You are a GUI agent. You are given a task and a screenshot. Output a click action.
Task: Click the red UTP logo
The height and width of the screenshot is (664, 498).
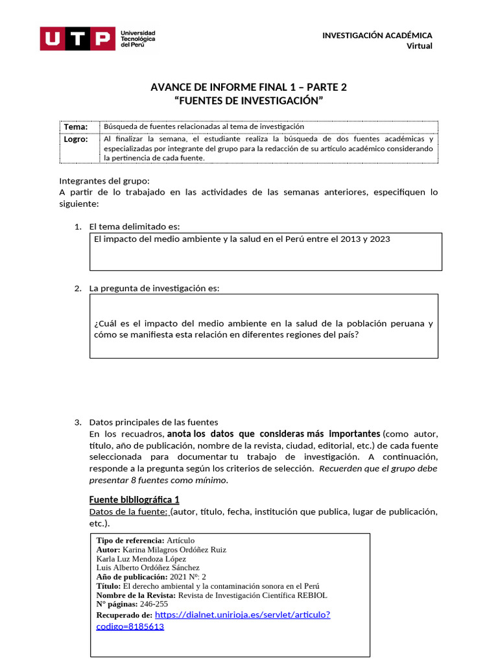point(77,38)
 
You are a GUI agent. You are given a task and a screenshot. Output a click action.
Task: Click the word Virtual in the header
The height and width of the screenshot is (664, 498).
point(419,45)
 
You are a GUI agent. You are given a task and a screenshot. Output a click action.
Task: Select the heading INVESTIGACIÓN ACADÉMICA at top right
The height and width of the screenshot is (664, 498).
point(377,35)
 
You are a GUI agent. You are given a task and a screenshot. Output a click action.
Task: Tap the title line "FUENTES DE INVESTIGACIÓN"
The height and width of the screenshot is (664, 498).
point(249,101)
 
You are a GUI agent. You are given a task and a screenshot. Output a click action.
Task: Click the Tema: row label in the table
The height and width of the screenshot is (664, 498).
point(76,126)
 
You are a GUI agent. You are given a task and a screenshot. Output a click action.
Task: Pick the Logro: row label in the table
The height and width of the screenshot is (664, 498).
point(76,139)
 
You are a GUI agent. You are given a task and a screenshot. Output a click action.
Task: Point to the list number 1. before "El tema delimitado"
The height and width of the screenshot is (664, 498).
point(77,226)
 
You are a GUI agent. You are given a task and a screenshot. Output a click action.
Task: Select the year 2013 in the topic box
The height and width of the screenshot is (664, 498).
point(341,239)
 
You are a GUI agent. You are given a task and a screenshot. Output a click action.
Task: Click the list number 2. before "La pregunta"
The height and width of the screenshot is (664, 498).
point(77,288)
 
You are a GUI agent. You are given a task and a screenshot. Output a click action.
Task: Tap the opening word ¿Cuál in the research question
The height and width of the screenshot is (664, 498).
point(105,323)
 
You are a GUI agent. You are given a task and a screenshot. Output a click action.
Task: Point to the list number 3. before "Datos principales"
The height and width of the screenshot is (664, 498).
point(77,421)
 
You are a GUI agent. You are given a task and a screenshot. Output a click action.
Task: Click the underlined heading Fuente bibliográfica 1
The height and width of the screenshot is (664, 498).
point(134,499)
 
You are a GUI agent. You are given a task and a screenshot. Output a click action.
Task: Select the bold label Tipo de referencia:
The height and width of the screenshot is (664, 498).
point(130,540)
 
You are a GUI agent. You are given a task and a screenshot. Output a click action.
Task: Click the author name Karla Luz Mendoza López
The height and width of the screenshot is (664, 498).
point(141,558)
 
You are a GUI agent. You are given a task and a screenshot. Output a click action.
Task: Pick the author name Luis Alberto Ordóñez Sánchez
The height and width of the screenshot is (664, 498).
point(148,567)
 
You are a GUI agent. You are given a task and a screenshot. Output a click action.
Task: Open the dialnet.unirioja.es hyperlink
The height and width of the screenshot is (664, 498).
point(243,615)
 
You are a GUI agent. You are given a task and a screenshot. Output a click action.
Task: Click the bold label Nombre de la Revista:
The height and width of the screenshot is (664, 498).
point(136,595)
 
